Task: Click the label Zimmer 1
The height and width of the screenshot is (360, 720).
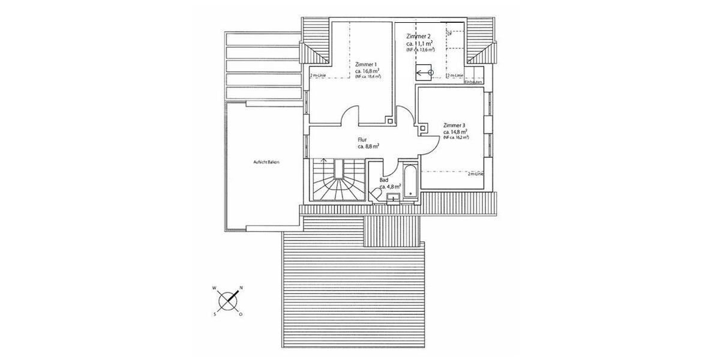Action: (x=366, y=64)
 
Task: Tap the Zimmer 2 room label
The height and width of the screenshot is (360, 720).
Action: (x=419, y=37)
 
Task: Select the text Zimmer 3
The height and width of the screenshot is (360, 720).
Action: (x=455, y=125)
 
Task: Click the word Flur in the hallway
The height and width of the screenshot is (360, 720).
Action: (x=362, y=139)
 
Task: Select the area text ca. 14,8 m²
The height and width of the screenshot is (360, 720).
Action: (x=455, y=131)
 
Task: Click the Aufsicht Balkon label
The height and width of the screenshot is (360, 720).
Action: (x=267, y=162)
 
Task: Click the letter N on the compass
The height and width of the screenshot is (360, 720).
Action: (x=241, y=288)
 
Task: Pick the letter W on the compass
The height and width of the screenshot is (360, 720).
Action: (x=214, y=288)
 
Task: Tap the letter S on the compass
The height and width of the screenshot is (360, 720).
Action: (x=214, y=313)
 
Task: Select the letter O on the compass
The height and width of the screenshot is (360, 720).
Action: (x=241, y=314)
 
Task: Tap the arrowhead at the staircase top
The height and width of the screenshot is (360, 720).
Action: (x=324, y=161)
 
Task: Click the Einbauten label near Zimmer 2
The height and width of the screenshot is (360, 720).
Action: (x=473, y=82)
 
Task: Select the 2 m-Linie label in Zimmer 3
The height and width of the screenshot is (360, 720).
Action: (x=476, y=173)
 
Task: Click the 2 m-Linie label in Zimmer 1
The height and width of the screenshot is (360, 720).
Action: (x=319, y=76)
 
